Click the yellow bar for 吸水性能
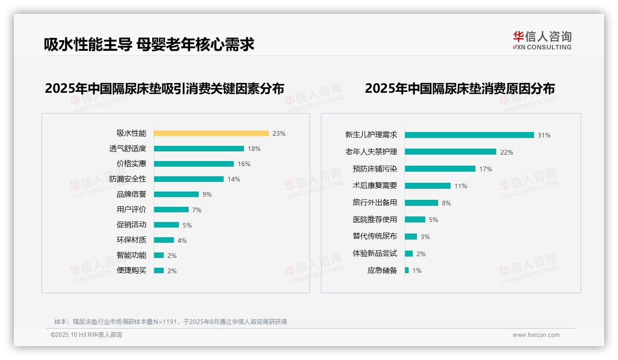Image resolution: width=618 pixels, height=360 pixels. (211, 133)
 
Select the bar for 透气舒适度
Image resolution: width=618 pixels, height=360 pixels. (199, 149)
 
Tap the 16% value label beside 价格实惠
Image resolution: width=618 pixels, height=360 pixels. (244, 164)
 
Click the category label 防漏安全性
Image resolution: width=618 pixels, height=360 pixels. (128, 179)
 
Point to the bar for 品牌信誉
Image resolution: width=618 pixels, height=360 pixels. (176, 194)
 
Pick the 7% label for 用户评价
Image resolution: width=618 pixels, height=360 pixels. (197, 210)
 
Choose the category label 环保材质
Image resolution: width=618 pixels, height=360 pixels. (131, 240)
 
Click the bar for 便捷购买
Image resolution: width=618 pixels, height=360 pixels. (159, 270)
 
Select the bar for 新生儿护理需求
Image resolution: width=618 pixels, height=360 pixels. (469, 135)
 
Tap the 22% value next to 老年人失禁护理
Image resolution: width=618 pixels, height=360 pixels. (507, 152)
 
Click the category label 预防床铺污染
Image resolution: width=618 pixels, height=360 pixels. (375, 169)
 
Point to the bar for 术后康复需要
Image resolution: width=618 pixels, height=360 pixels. (428, 186)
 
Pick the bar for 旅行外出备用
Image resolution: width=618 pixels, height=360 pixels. (422, 203)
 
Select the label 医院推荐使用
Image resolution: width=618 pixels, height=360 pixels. (375, 220)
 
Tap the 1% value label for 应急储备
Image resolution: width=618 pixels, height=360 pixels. (417, 270)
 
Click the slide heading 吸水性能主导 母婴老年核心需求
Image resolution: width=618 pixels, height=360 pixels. (149, 45)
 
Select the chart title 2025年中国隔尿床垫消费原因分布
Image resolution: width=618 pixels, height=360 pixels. (460, 88)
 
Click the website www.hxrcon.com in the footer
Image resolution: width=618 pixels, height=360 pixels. (536, 335)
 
